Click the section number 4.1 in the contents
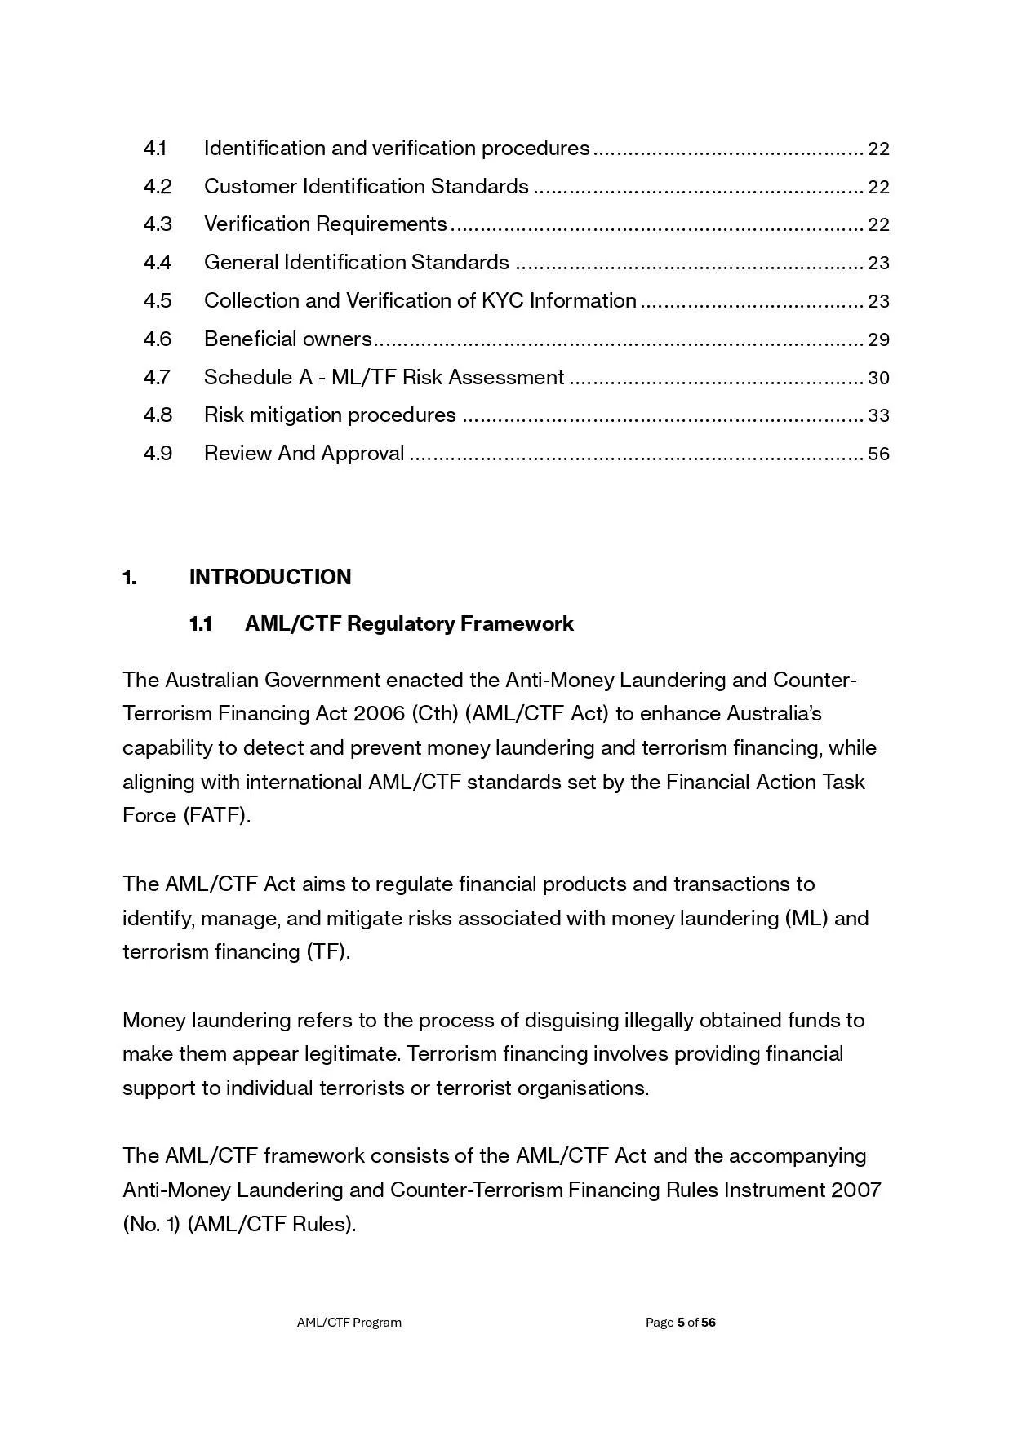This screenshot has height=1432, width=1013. pyautogui.click(x=155, y=149)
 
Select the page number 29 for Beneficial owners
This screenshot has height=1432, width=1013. pyautogui.click(x=878, y=339)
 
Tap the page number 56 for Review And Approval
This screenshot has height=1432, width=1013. pyautogui.click(x=878, y=454)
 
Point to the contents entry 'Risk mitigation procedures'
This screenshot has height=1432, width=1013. pyautogui.click(x=330, y=415)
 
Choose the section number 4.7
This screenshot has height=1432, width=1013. pyautogui.click(x=157, y=378)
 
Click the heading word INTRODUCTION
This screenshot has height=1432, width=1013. pyautogui.click(x=270, y=577)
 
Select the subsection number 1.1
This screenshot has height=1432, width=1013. pyautogui.click(x=201, y=624)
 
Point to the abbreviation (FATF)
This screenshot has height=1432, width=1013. pyautogui.click(x=216, y=816)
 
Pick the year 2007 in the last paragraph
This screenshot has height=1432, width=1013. pyautogui.click(x=856, y=1190)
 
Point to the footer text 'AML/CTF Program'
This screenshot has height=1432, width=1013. pyautogui.click(x=349, y=1323)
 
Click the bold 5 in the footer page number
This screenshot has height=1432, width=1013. pyautogui.click(x=681, y=1323)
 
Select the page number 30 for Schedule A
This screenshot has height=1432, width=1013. pyautogui.click(x=878, y=378)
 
